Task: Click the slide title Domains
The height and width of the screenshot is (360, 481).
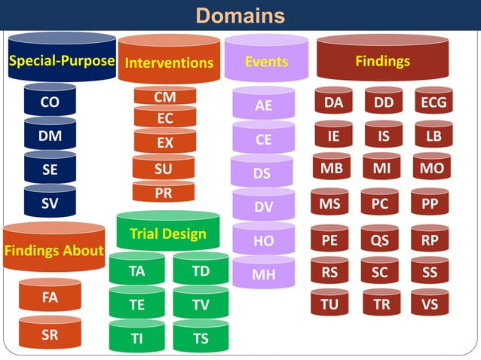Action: [240, 15]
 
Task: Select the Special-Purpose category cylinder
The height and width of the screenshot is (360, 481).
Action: [62, 60]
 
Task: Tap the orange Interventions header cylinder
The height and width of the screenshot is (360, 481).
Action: [169, 62]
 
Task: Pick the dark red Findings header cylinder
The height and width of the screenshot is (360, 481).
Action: [382, 60]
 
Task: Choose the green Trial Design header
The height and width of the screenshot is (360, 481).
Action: [167, 233]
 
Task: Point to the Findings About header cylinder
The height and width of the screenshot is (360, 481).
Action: [54, 249]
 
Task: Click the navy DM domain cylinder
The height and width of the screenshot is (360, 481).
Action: [50, 136]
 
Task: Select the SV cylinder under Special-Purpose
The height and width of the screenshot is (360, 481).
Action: [50, 203]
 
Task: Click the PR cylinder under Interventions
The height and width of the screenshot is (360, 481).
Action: [163, 192]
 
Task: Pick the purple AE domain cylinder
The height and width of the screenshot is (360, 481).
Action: [263, 105]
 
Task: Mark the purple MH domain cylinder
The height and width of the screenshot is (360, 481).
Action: [263, 274]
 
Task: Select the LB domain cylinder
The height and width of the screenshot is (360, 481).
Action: [434, 136]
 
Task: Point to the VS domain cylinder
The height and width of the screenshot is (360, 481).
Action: [430, 304]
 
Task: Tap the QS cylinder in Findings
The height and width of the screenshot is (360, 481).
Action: [379, 240]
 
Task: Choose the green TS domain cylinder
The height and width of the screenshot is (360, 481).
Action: [201, 338]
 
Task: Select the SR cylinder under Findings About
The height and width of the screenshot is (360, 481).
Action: [50, 335]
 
